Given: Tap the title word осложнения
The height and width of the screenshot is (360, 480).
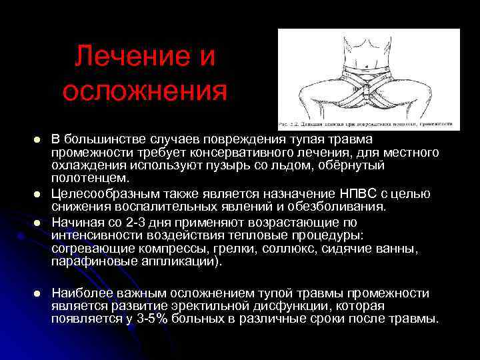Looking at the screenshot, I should click(x=145, y=91).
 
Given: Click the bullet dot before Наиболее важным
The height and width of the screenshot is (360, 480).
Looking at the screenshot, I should click(x=38, y=293).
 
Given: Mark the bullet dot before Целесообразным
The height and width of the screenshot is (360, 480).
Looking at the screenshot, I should click(x=38, y=194).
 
